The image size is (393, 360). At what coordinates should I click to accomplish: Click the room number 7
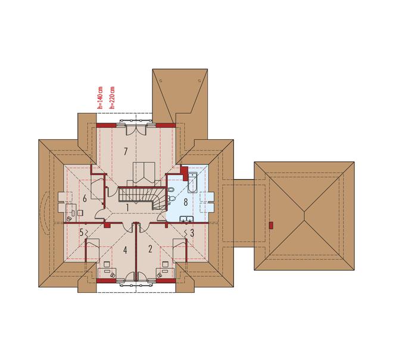pos(126,152)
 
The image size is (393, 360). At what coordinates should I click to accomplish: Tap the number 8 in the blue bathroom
pos(185,202)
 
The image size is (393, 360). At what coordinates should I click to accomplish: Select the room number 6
pos(85,199)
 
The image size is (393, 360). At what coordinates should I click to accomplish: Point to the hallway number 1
pos(127,208)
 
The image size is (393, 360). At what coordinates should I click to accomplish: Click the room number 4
pos(125,250)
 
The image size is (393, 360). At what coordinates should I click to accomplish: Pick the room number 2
pos(150,249)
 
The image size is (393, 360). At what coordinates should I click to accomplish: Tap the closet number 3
pos(192,233)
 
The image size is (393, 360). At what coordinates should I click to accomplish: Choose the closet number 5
pos(81,233)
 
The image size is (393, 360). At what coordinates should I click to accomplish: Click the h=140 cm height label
pos(100,98)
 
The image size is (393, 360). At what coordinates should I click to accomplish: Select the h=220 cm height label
pos(112,98)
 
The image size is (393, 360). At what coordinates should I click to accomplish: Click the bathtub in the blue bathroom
pos(192,183)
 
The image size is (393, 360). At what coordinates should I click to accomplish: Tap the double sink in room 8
pos(186,219)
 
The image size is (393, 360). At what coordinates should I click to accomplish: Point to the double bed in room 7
pos(144,174)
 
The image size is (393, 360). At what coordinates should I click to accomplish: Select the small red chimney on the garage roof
pos(271,225)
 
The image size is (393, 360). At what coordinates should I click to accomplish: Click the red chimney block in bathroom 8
pos(185,173)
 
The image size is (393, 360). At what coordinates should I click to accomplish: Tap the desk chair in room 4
pos(106,264)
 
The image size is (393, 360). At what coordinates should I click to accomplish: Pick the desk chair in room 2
pos(166,264)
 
